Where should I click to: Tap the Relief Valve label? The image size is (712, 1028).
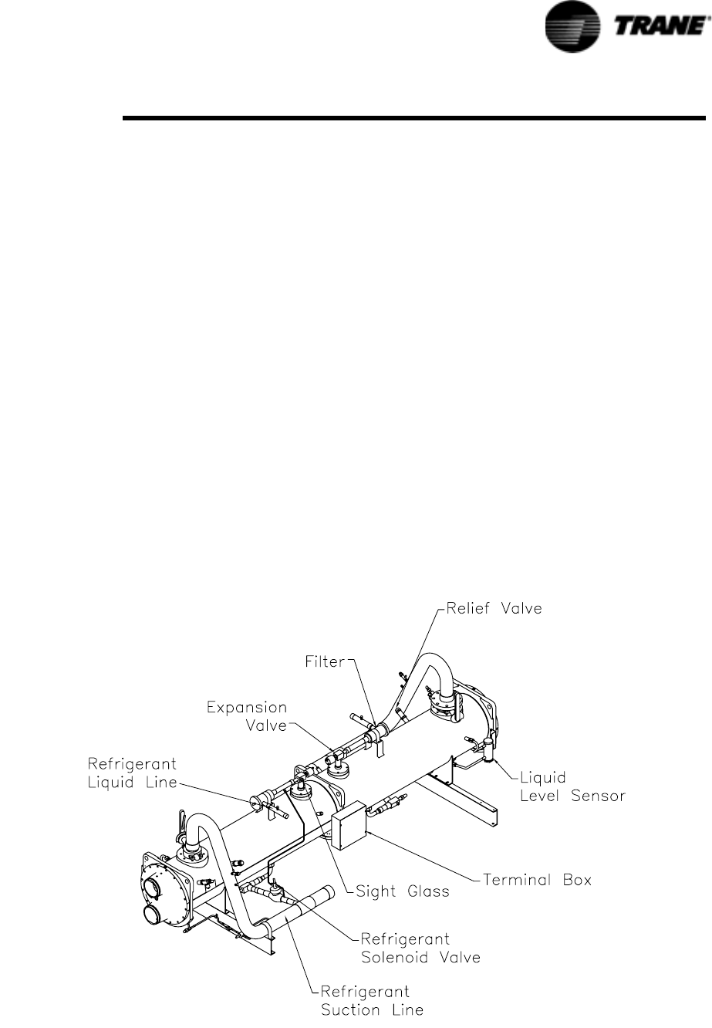point(494,608)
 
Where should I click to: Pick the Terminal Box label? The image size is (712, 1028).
point(537,879)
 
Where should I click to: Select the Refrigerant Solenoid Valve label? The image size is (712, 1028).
point(420,949)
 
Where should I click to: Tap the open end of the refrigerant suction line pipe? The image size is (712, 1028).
point(327,894)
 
